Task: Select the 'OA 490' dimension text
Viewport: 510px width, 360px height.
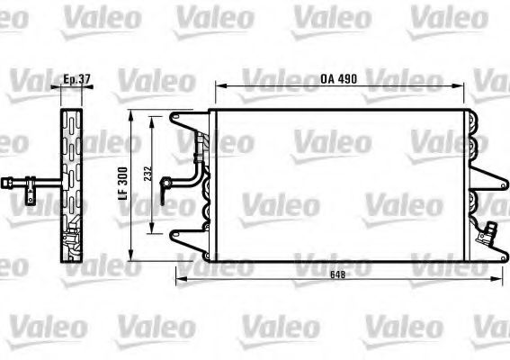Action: [x=339, y=78]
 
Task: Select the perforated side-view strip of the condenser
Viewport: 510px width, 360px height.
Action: [x=73, y=184]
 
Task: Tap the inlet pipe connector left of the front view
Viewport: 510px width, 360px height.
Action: [x=166, y=187]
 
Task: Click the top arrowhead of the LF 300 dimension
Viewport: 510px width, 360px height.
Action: [x=134, y=115]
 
